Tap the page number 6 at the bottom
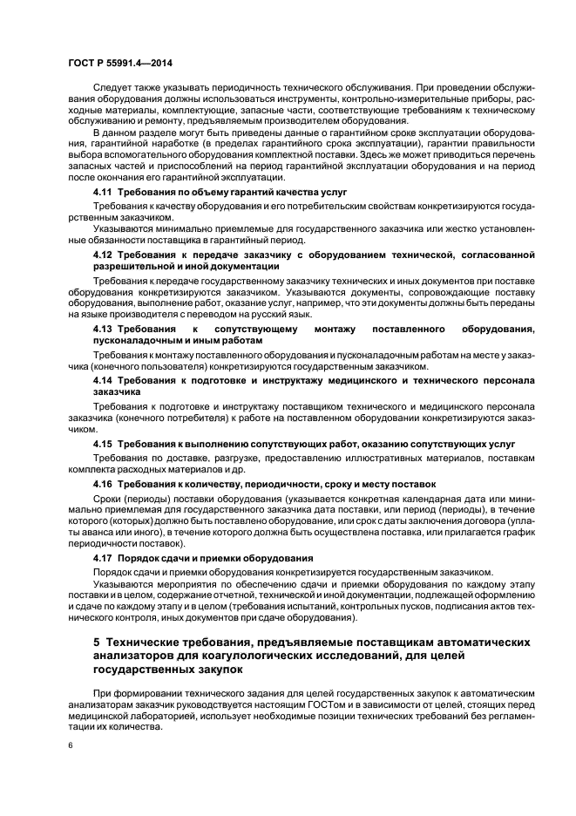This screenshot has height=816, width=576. point(71,746)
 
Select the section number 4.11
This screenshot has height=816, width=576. point(104,190)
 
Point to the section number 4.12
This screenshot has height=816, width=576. point(104,254)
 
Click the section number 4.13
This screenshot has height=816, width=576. point(104,330)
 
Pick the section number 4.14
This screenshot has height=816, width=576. point(104,381)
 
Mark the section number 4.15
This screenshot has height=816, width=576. point(104,444)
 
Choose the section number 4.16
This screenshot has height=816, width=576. point(104,483)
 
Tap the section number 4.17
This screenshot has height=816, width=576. point(104,557)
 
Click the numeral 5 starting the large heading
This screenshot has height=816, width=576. point(97,643)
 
